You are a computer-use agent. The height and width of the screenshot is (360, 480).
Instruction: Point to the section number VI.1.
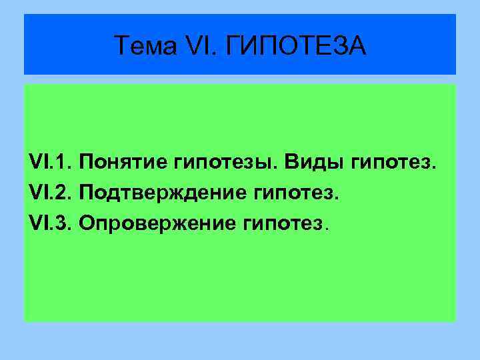click(51, 162)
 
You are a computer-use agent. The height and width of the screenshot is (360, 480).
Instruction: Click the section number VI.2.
click(51, 193)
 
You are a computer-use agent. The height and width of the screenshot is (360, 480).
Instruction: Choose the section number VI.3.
click(51, 224)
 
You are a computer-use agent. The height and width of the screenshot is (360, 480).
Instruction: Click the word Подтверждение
click(163, 193)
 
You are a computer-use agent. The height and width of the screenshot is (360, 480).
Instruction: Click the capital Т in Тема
click(122, 46)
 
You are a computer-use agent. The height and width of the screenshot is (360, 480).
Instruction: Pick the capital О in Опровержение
click(86, 224)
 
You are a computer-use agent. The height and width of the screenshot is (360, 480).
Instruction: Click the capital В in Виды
click(291, 162)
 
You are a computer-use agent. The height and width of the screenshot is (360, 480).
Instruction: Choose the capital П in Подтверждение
click(87, 193)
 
